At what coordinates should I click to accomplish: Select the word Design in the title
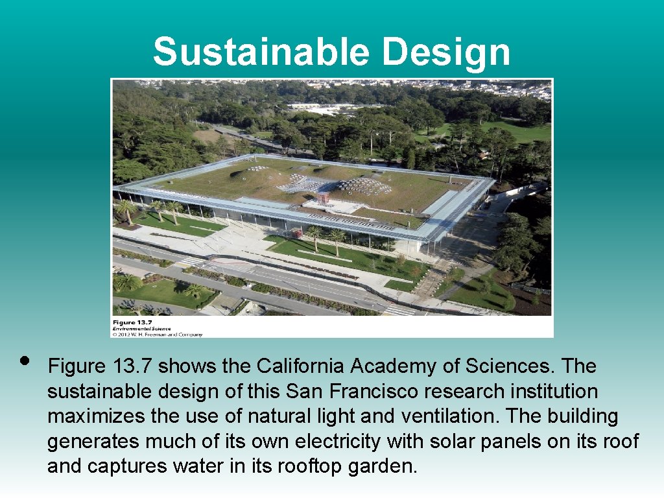(446, 52)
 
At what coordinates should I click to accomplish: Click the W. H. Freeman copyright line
(158, 335)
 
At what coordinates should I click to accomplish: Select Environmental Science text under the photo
(143, 329)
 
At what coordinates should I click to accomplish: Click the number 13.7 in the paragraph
(133, 366)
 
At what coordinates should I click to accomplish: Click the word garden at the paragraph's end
(384, 466)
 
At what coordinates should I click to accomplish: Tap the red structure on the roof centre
(323, 198)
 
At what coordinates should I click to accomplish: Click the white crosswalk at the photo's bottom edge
(398, 311)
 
